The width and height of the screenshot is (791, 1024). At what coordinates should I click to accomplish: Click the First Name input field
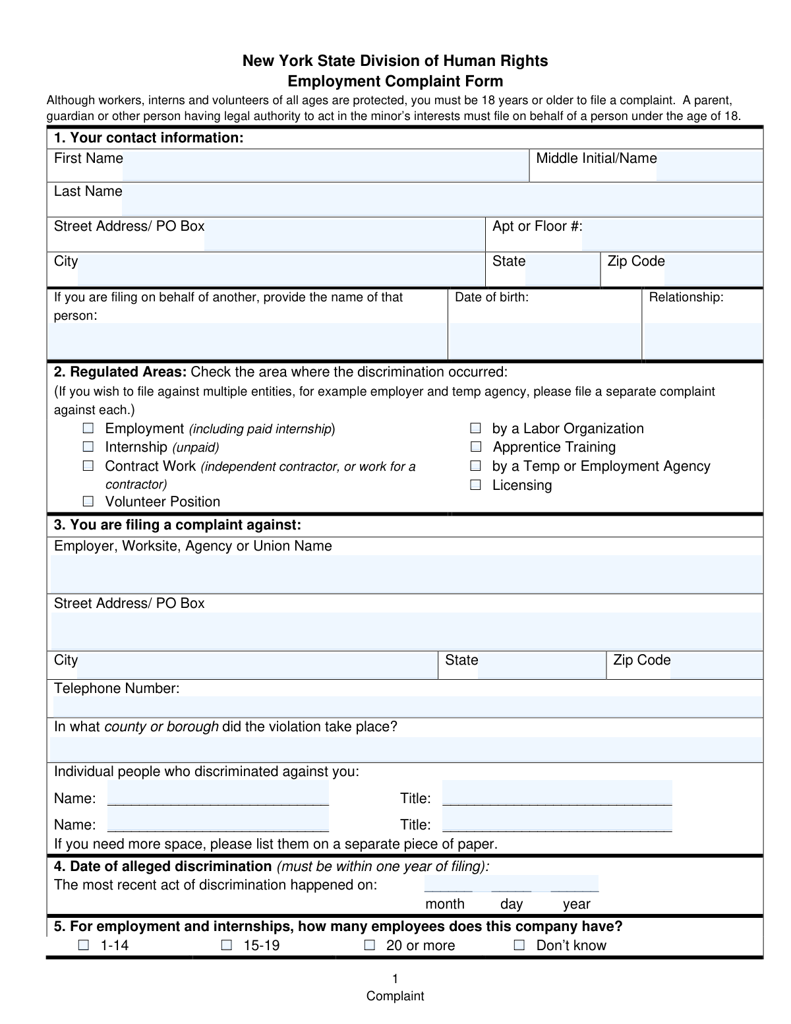pos(325,166)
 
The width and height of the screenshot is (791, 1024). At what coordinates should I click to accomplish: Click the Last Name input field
pos(442,199)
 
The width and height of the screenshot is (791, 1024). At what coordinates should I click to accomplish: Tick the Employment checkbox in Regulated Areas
pos(88,429)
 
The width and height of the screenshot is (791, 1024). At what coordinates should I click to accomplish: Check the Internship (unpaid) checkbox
pos(88,447)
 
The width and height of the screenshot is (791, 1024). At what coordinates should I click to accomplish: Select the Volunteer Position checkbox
pos(88,502)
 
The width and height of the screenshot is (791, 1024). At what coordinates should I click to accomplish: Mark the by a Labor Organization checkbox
pos(475,429)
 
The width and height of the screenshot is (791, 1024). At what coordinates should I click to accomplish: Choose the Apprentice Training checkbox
pos(475,447)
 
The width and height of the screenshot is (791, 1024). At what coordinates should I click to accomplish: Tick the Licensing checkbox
pos(475,485)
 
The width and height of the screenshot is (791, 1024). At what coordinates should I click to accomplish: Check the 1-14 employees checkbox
pos(84,946)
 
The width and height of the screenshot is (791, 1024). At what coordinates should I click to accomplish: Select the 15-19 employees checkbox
pos(227,946)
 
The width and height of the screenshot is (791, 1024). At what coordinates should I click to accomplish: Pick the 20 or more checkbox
pos(370,946)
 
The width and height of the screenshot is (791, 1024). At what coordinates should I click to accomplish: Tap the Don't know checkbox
pos(519,946)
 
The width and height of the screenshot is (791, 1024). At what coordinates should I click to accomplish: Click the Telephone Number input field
pos(407,706)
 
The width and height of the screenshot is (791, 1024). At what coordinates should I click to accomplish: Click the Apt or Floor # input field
pos(672,234)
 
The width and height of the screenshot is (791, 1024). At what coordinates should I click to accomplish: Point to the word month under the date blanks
pos(445,904)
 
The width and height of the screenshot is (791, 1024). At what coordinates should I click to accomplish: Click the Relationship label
pos(686,297)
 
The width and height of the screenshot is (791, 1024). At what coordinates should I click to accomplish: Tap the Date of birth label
pos(492,297)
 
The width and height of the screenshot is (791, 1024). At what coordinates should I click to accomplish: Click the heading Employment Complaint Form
pos(395,82)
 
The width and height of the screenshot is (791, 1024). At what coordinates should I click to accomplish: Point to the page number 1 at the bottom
pos(395,979)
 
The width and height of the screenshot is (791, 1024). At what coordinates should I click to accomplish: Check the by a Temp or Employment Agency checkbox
pos(475,466)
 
